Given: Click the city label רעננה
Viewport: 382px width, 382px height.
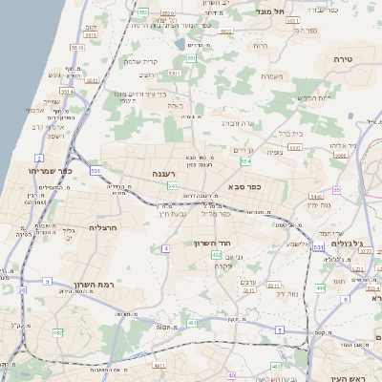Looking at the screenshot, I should point(188,173).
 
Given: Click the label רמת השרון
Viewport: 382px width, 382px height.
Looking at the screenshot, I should point(94,286).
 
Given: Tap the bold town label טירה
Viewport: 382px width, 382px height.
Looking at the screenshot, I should point(343,58).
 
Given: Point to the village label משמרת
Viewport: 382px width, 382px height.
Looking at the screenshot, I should point(270,75).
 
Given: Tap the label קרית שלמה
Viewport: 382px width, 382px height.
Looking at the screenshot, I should point(139,61).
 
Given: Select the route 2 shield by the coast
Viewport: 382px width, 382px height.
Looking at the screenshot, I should point(39,157).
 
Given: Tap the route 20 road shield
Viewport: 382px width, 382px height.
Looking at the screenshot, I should point(21,289).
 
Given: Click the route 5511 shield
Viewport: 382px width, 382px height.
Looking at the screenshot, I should point(173,73).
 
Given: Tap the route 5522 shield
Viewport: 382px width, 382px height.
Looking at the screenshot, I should point(226,32).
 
